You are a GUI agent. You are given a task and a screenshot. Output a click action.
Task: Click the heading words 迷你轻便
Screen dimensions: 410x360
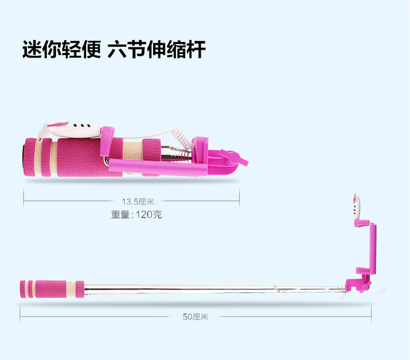(61, 49)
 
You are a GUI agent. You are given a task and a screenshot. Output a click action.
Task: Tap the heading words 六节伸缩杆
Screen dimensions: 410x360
(156, 49)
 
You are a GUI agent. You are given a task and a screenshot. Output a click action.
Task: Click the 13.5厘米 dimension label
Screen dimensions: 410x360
(138, 202)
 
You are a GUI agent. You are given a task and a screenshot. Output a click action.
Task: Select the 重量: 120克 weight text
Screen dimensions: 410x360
(136, 215)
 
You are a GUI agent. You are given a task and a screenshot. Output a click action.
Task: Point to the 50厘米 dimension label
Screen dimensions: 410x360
(195, 317)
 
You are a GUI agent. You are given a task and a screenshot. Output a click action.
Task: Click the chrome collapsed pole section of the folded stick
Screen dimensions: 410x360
(177, 154)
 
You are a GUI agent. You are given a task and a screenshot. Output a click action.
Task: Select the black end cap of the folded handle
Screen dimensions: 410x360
(24, 157)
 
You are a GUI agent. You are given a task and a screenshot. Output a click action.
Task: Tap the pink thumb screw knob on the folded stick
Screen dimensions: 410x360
(234, 157)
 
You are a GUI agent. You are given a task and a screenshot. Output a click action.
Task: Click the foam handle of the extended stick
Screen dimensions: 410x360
(52, 289)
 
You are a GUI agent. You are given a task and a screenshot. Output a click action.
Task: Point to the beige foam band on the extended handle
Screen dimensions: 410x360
(71, 289)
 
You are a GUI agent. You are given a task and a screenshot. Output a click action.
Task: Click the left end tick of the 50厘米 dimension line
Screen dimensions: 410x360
(20, 316)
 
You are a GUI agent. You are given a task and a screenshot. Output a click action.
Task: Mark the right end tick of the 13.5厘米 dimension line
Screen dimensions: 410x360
(239, 200)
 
